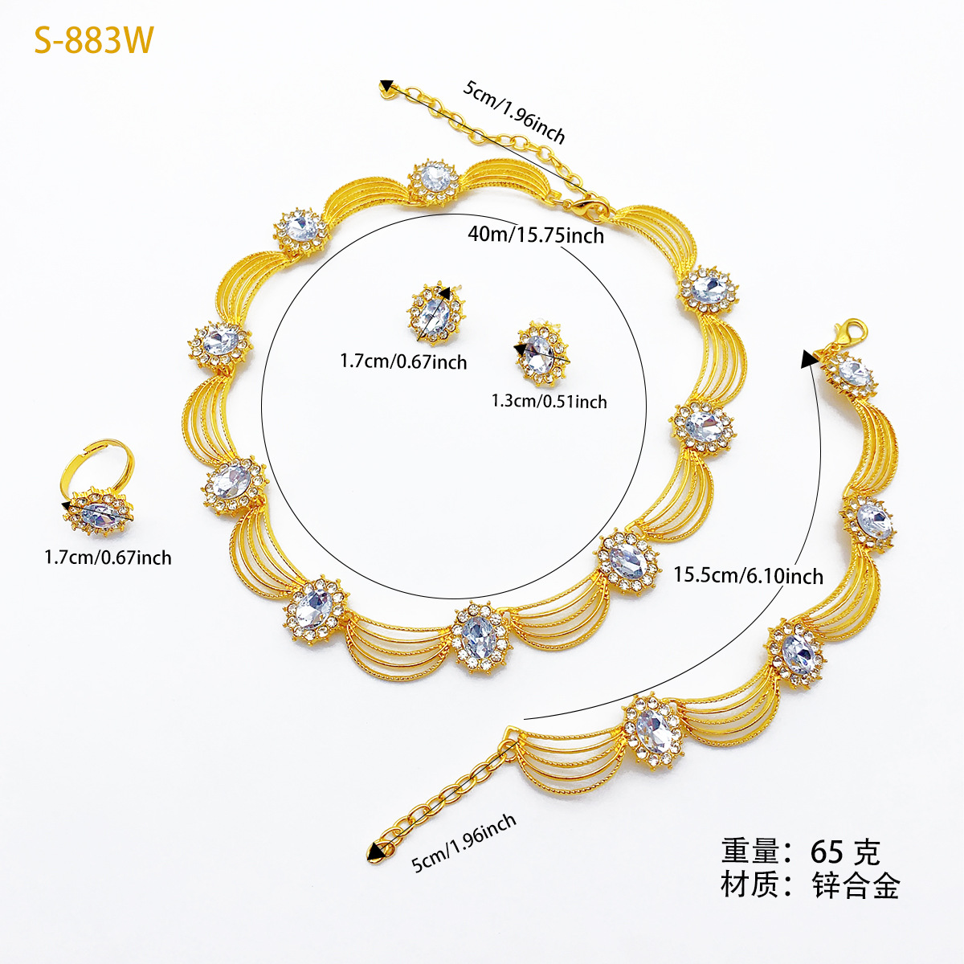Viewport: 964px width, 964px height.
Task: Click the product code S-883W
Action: [93, 40]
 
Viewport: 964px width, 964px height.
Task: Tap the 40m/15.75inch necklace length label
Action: [536, 235]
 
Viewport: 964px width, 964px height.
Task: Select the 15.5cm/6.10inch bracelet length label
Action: [749, 576]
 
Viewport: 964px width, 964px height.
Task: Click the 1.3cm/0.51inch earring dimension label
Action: [549, 401]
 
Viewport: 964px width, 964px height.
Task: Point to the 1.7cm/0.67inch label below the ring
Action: [108, 558]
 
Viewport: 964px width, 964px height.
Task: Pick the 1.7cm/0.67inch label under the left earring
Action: [403, 361]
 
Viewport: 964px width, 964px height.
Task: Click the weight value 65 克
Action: [845, 852]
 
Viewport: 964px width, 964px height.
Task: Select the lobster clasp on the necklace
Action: [590, 207]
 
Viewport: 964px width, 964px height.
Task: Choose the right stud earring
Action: [541, 353]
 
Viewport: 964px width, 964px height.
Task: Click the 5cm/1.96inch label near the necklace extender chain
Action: [514, 112]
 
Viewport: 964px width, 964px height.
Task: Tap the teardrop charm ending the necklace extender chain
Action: [386, 89]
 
